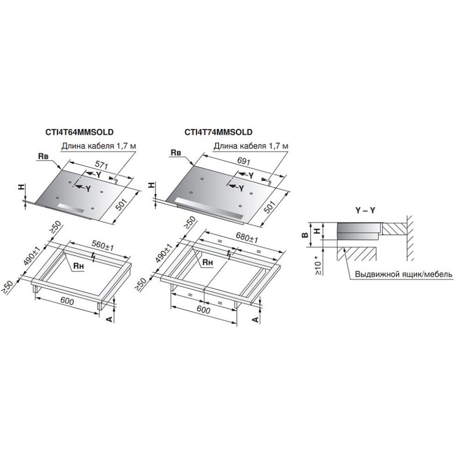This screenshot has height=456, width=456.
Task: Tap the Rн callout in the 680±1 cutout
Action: pos(208,262)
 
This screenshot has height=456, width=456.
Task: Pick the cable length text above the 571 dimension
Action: pos(99,146)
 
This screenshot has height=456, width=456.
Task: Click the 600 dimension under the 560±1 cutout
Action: pos(67,302)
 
